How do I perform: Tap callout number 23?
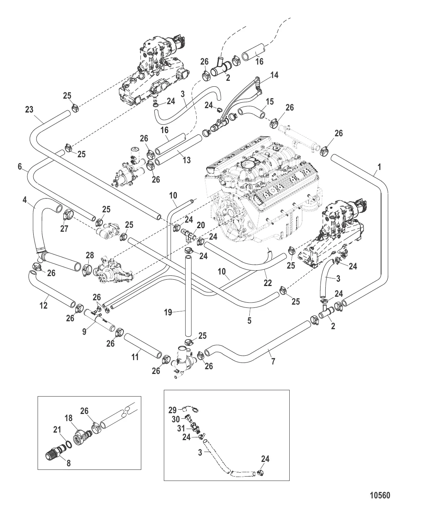[x=29, y=110]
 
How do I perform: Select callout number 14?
[x=274, y=75]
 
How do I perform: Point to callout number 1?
[x=379, y=167]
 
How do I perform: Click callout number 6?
[x=20, y=167]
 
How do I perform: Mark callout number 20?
[x=201, y=225]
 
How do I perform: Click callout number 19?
[x=168, y=312]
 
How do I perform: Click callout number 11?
[x=135, y=357]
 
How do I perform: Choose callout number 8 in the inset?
[x=68, y=463]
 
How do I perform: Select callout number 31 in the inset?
[x=180, y=428]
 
